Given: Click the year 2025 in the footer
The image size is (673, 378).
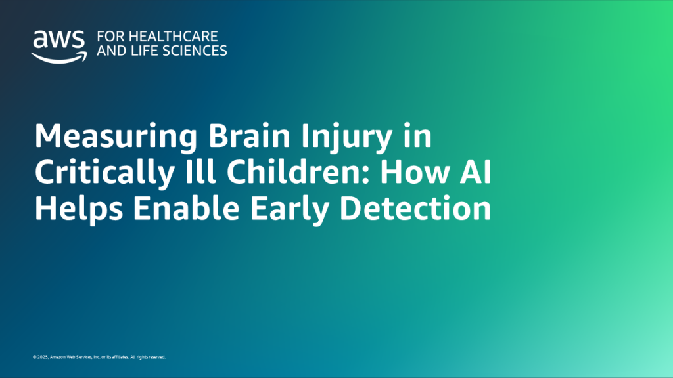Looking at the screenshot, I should coord(43,358).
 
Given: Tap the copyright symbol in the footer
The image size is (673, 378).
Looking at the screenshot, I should coord(34,358).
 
